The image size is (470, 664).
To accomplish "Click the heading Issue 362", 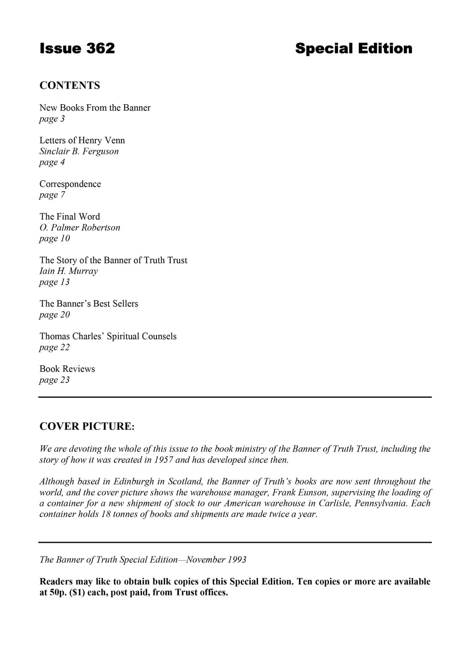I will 77,48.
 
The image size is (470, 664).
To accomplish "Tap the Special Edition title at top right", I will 353,48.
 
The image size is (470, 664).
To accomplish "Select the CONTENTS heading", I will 69,85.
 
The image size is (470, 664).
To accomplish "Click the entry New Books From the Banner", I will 95,108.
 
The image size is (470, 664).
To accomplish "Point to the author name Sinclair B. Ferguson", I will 79,151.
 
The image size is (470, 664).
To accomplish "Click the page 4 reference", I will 52,162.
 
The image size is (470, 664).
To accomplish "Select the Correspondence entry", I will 70,184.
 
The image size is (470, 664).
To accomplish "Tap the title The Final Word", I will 69,216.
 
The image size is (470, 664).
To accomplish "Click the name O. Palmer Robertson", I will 79,227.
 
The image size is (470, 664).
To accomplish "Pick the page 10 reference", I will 55,238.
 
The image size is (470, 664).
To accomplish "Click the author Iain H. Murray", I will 68,271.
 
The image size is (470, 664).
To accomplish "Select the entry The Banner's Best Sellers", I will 89,303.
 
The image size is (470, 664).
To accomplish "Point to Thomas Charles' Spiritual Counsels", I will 108,336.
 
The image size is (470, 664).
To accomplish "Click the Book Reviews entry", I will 67,369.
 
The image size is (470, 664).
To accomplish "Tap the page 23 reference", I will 55,380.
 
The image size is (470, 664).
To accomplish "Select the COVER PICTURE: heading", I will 87,426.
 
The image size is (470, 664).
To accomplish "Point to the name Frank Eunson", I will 300,492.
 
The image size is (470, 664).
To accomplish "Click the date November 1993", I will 216,559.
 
